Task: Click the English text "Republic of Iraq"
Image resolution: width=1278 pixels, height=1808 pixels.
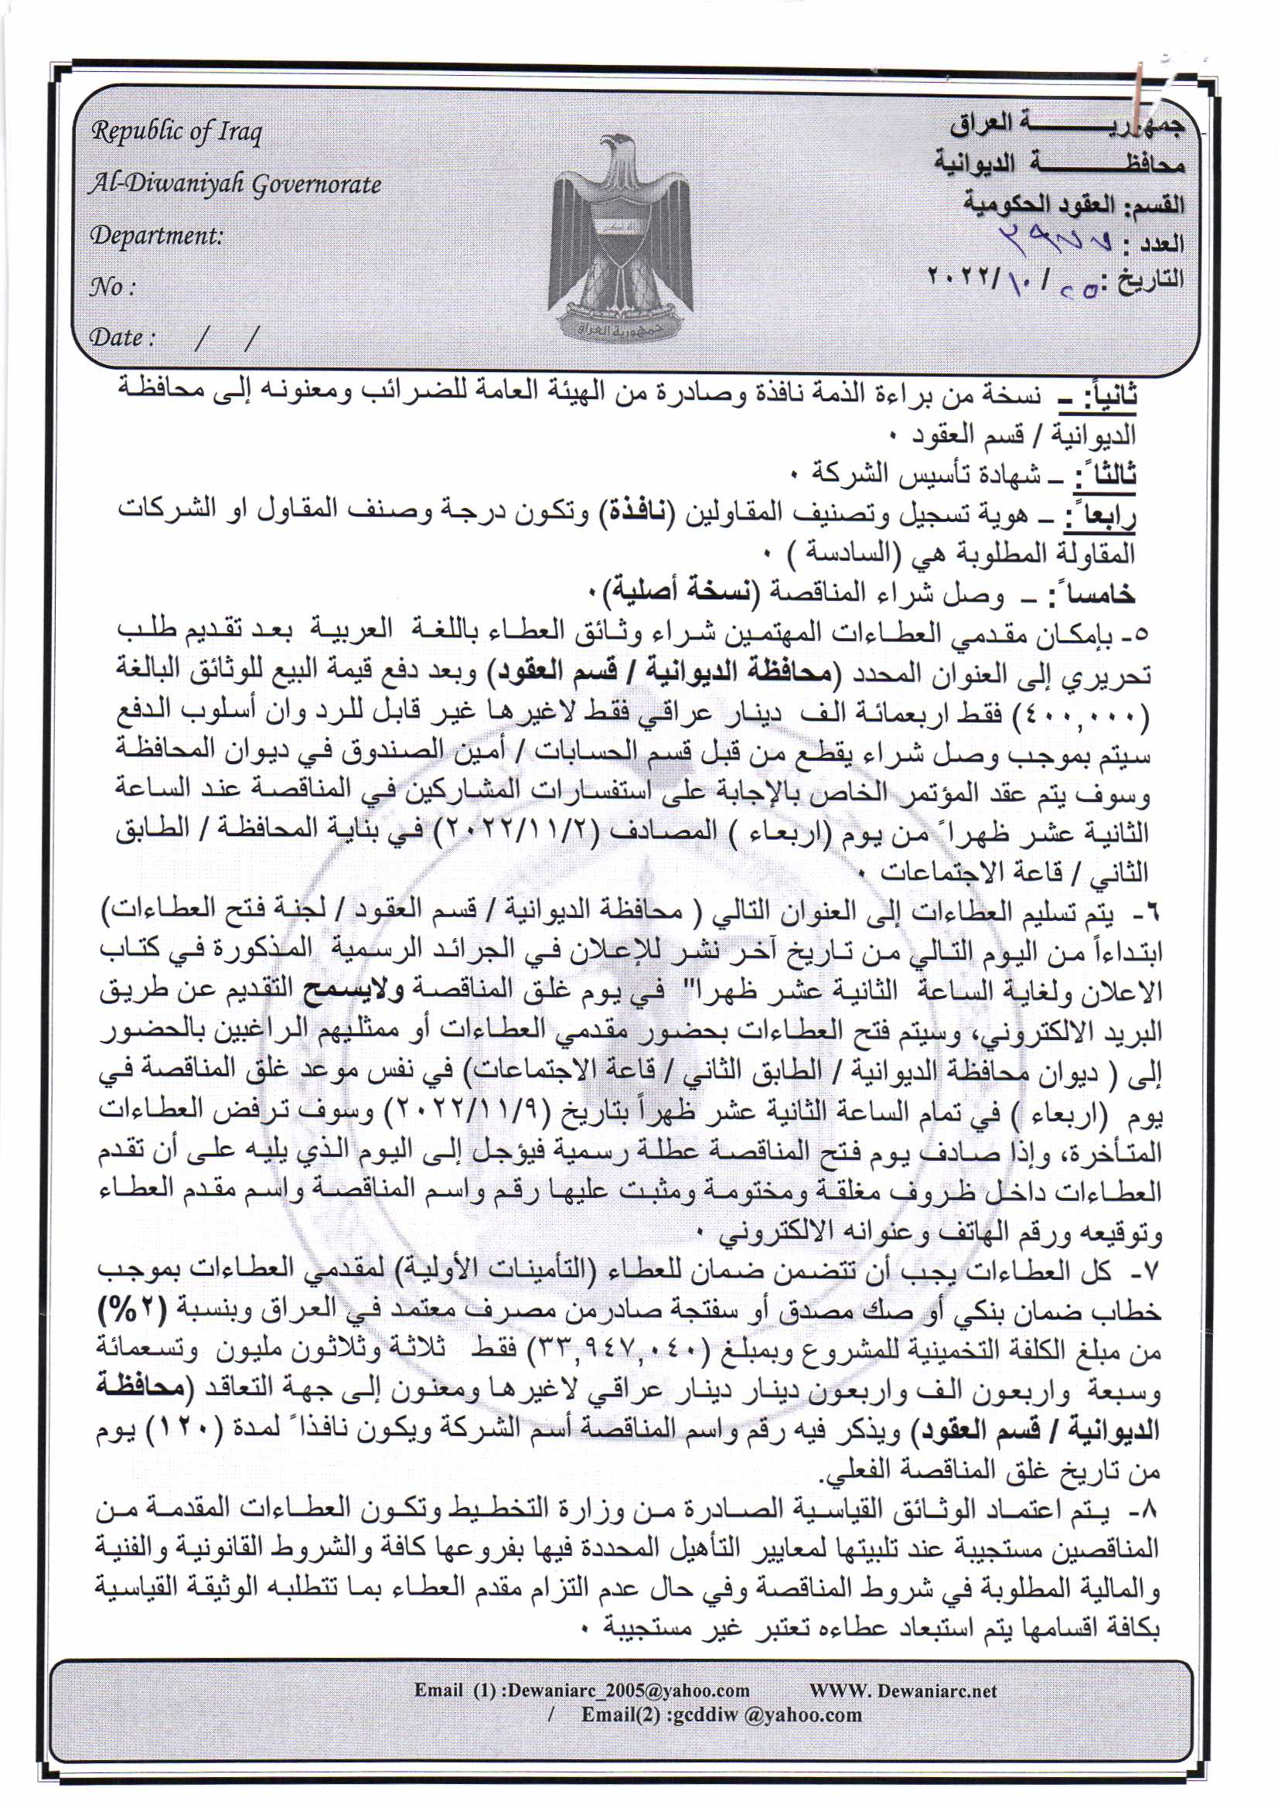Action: tap(176, 131)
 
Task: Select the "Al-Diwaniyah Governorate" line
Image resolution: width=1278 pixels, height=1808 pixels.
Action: tap(235, 183)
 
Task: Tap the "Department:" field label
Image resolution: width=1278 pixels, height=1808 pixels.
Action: tap(156, 234)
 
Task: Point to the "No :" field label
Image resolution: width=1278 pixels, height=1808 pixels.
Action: tap(112, 286)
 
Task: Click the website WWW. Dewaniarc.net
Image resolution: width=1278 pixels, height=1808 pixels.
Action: tap(902, 1690)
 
